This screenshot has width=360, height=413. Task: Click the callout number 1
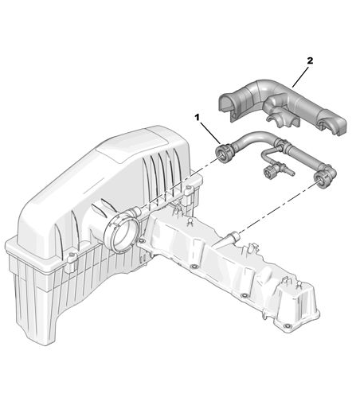pyautogui.click(x=197, y=117)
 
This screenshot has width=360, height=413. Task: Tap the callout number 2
pyautogui.click(x=310, y=60)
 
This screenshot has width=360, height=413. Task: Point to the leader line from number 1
pyautogui.click(x=210, y=133)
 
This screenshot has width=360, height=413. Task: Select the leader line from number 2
pyautogui.click(x=300, y=77)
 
